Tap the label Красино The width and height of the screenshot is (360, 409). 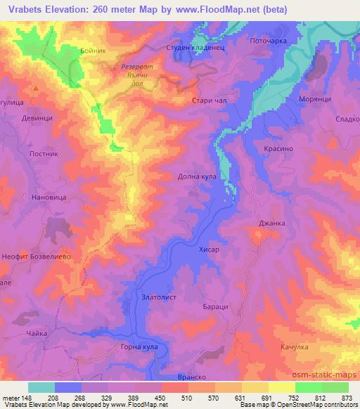pyautogui.click(x=278, y=150)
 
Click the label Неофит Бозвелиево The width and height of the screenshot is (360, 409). pyautogui.click(x=38, y=257)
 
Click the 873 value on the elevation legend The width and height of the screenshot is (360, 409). pyautogui.click(x=347, y=397)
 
